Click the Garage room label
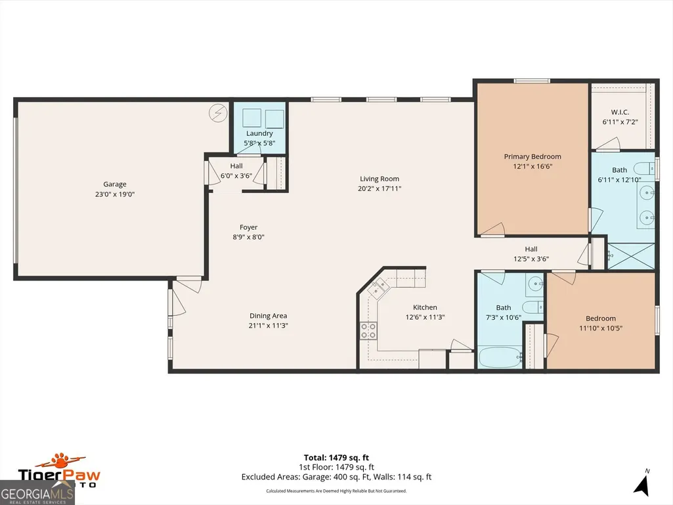pyautogui.click(x=115, y=185)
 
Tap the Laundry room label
pyautogui.click(x=259, y=133)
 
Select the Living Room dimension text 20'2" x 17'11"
pyautogui.click(x=380, y=188)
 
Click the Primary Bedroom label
pyautogui.click(x=532, y=157)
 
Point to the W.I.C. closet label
pyautogui.click(x=620, y=112)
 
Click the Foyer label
pyautogui.click(x=248, y=227)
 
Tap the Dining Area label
pyautogui.click(x=269, y=316)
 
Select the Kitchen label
pyautogui.click(x=425, y=307)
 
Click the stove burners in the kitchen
pyautogui.click(x=368, y=331)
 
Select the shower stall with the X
pyautogui.click(x=632, y=256)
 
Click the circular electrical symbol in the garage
pyautogui.click(x=217, y=113)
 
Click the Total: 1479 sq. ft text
pyautogui.click(x=336, y=458)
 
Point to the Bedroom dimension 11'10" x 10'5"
pyautogui.click(x=601, y=328)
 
